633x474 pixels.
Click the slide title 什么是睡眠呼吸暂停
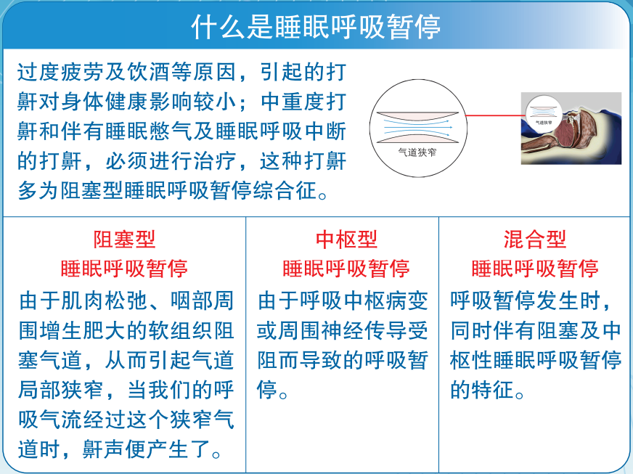pyautogui.click(x=316, y=27)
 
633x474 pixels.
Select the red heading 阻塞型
pyautogui.click(x=124, y=239)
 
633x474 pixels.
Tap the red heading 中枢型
pyautogui.click(x=346, y=239)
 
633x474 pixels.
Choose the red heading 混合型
pyautogui.click(x=535, y=239)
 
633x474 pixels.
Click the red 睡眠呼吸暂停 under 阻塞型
pyautogui.click(x=124, y=269)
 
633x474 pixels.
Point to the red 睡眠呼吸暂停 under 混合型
pyautogui.click(x=535, y=269)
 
